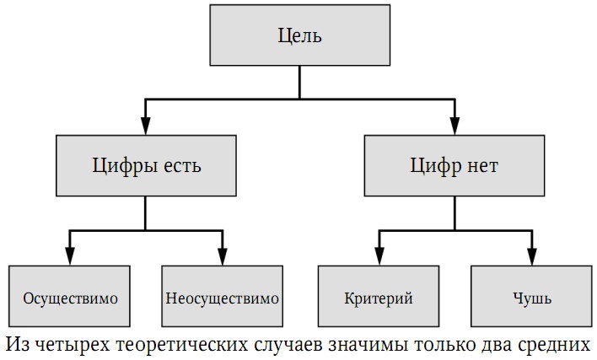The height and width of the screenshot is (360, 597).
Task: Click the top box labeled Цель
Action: pos(300,36)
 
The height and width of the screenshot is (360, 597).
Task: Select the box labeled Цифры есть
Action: pos(146,165)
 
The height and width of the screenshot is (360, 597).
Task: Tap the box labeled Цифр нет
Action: pos(455,165)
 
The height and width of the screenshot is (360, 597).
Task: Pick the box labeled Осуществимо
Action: pos(70,298)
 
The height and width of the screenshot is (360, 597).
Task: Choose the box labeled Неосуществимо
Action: pos(223,298)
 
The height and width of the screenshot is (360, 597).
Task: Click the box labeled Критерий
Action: pos(379,298)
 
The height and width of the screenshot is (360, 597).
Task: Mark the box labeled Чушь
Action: pos(531,298)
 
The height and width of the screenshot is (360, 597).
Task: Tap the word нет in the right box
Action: pos(481,165)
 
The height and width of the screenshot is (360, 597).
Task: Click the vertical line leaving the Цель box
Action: pos(300,83)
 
